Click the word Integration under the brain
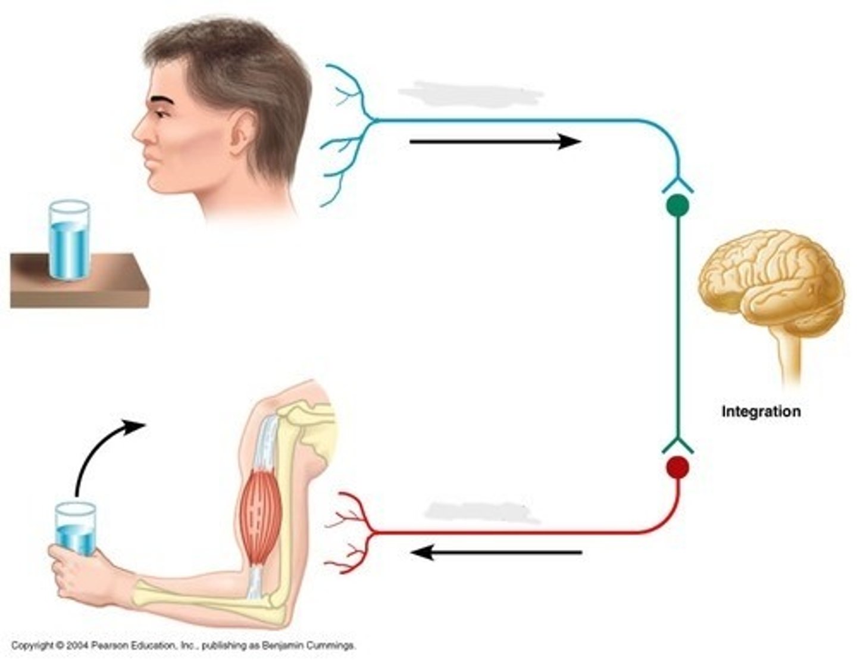(761, 412)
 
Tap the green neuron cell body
(678, 206)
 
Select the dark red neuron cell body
(678, 468)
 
